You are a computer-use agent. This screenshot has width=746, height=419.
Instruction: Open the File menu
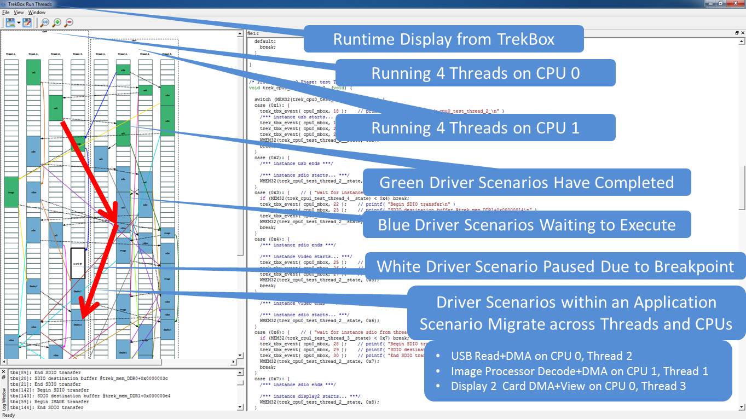click(x=6, y=12)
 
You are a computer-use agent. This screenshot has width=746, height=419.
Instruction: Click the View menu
click(x=19, y=12)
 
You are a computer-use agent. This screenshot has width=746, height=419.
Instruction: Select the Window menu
click(x=37, y=12)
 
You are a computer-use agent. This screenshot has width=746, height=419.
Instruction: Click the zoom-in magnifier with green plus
click(x=57, y=23)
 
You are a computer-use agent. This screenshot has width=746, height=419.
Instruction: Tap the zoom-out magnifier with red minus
click(x=69, y=23)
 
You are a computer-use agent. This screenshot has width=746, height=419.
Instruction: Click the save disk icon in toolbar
click(x=10, y=23)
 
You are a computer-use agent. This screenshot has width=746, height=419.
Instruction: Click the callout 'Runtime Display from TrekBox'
click(x=443, y=39)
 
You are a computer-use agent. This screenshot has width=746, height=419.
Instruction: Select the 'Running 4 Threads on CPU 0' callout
click(x=475, y=73)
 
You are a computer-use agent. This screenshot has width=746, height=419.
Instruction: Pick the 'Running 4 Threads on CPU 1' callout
click(x=475, y=127)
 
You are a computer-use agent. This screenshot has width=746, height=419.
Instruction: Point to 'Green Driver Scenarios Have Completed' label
click(x=527, y=182)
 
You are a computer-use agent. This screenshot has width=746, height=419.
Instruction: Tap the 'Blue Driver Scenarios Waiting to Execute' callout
click(x=527, y=224)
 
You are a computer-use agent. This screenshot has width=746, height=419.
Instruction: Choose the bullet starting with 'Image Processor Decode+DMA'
click(x=579, y=371)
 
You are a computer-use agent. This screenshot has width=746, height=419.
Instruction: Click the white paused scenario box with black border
click(x=78, y=263)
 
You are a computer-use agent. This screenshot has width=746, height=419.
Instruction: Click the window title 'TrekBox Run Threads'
click(x=30, y=4)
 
